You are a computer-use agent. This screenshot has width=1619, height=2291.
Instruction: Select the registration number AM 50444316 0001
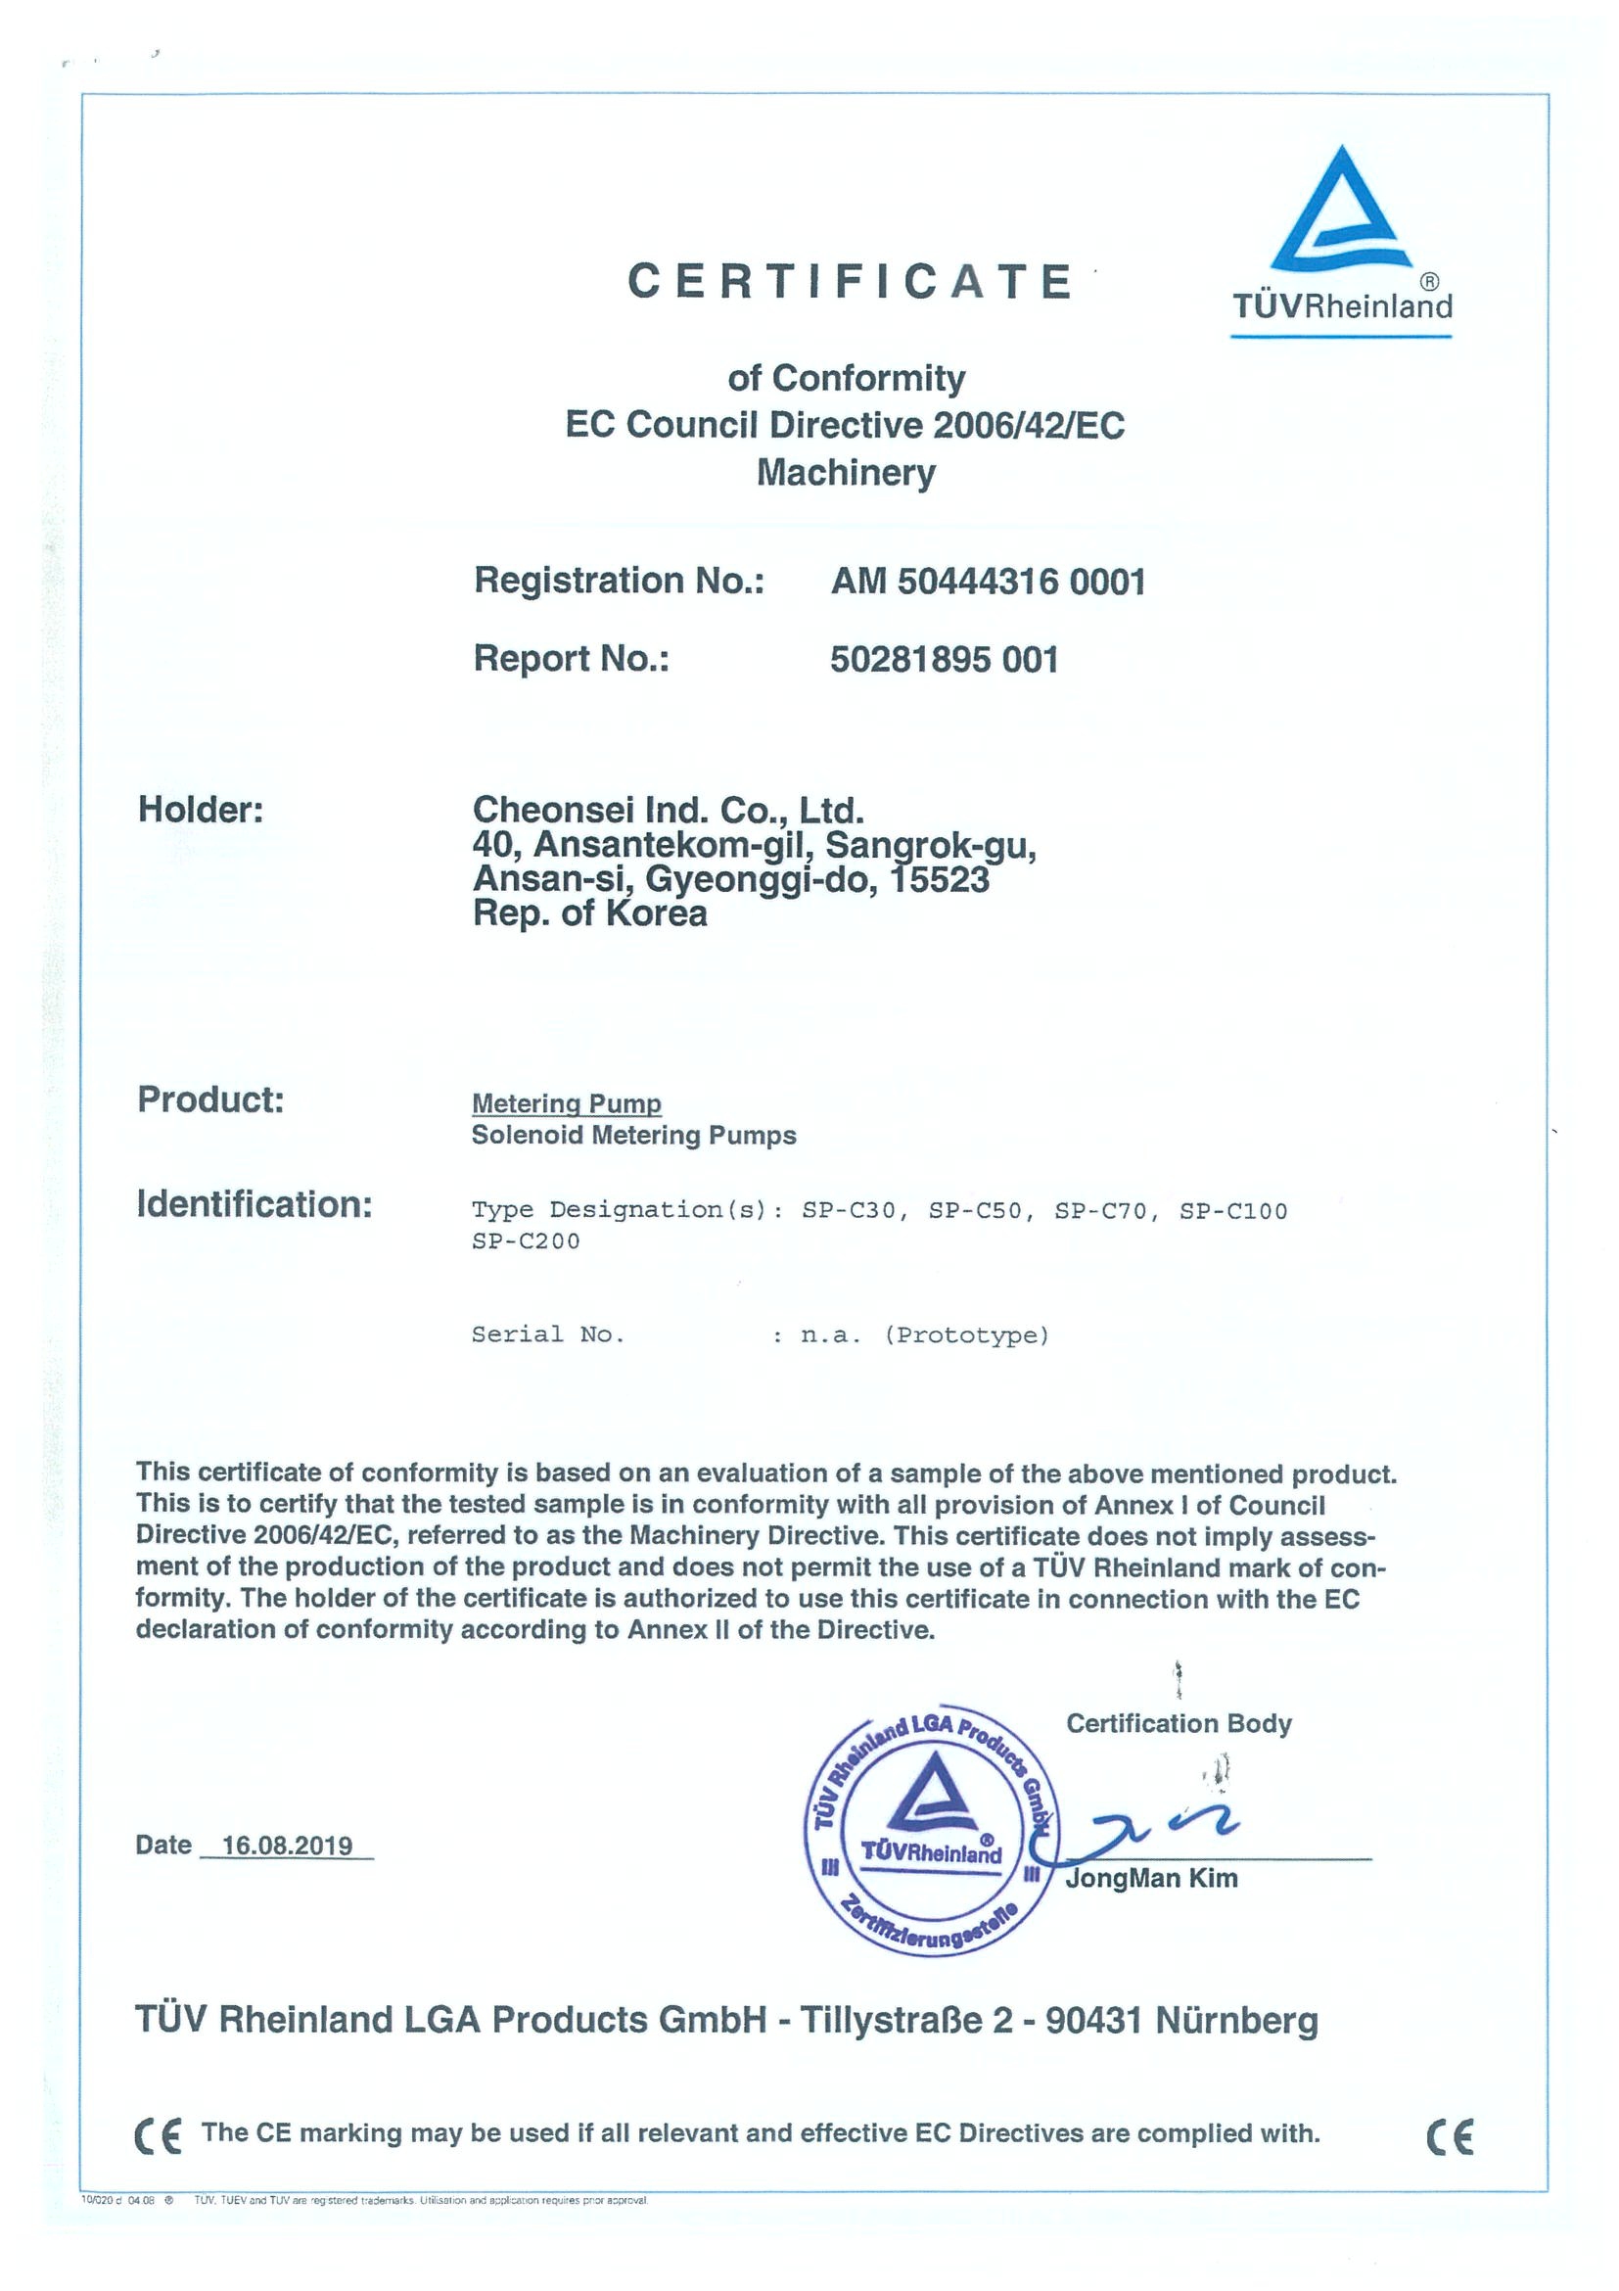pyautogui.click(x=988, y=581)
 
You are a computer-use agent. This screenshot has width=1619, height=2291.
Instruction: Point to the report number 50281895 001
pyautogui.click(x=944, y=659)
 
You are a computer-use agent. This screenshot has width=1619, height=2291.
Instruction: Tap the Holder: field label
pyautogui.click(x=201, y=810)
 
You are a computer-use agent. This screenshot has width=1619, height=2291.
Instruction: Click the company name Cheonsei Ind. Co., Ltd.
pyautogui.click(x=668, y=810)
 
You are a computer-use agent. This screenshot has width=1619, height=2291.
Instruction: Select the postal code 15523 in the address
pyautogui.click(x=940, y=879)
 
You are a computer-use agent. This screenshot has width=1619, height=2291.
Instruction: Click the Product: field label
pyautogui.click(x=210, y=1099)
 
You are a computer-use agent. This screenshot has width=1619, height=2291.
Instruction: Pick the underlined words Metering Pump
pyautogui.click(x=566, y=1102)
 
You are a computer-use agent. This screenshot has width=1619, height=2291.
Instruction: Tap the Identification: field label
pyautogui.click(x=254, y=1203)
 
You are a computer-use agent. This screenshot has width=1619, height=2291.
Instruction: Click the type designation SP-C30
pyautogui.click(x=849, y=1210)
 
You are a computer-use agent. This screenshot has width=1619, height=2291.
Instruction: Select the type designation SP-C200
pyautogui.click(x=526, y=1241)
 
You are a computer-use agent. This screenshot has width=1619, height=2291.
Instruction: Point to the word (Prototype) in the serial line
pyautogui.click(x=967, y=1335)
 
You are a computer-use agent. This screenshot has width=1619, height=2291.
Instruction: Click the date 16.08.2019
pyautogui.click(x=288, y=1845)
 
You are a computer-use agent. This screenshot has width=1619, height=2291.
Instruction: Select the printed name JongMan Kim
pyautogui.click(x=1151, y=1878)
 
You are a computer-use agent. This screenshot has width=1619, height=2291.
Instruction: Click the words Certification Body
pyautogui.click(x=1179, y=1723)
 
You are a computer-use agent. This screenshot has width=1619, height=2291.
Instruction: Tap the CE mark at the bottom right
pyautogui.click(x=1449, y=2136)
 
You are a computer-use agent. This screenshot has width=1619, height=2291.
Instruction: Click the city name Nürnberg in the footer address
pyautogui.click(x=1236, y=2020)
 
